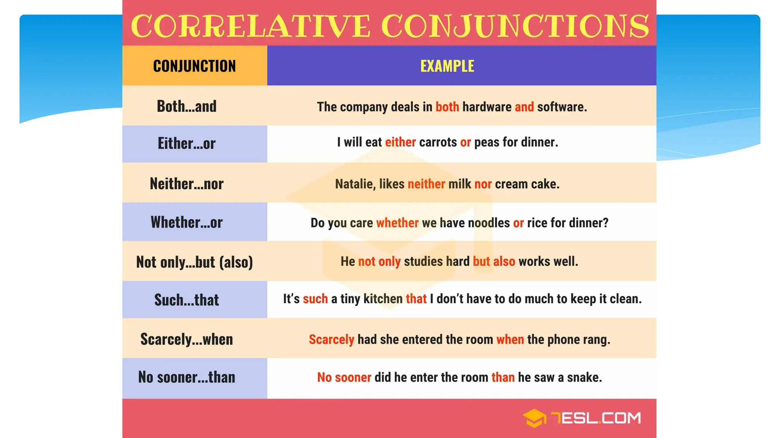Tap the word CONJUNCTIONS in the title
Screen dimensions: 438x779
coord(515,26)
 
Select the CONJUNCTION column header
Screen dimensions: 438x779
coord(194,66)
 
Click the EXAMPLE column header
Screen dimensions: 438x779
coord(447,66)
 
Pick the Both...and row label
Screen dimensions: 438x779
coord(186,106)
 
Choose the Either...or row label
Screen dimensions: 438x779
coord(186,144)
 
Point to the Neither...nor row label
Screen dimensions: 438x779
coord(186,184)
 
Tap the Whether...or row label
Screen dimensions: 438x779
coord(186,222)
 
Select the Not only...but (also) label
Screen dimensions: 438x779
coord(194,262)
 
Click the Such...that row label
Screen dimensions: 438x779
coord(186,300)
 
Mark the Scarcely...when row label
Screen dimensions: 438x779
coord(186,339)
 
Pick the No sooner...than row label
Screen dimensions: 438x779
coord(186,377)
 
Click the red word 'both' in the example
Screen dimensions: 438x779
coord(447,107)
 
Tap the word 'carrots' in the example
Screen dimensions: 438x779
coord(438,142)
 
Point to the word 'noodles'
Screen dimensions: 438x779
coord(489,223)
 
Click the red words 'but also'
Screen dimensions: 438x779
coord(494,262)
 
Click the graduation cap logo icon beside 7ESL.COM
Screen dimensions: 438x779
coord(534,418)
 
